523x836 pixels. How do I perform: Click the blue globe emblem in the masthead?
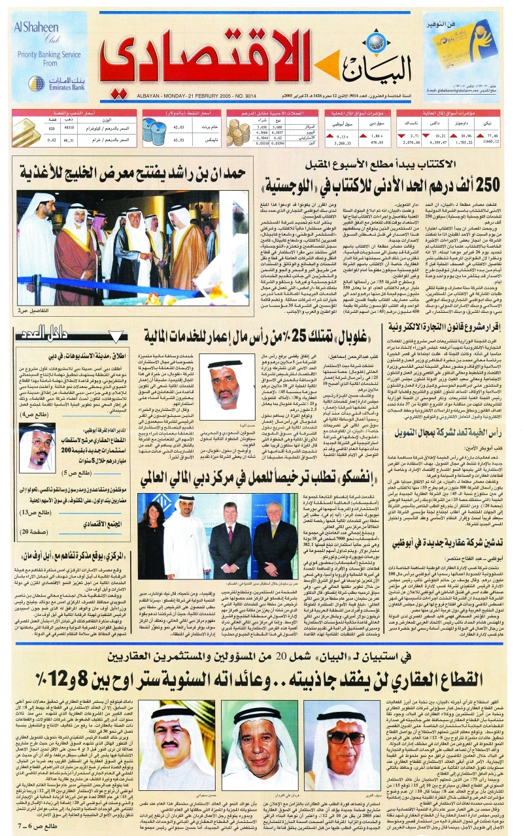340,54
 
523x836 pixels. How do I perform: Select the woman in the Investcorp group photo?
154,538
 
